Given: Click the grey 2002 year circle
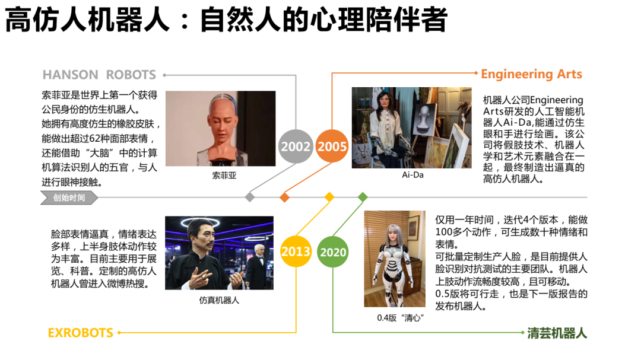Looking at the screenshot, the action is [296, 146].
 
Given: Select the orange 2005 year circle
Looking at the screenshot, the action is [332, 146].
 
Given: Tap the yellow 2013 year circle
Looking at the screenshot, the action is [296, 251].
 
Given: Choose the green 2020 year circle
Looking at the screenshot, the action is [333, 252].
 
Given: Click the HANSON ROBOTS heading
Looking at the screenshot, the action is [99, 75].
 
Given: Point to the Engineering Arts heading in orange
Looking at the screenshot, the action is [531, 74].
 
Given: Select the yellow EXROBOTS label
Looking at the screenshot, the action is [80, 333].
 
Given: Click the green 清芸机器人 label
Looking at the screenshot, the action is [557, 333].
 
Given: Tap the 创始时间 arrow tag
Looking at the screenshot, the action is [68, 197].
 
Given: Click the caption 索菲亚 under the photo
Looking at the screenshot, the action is [224, 176].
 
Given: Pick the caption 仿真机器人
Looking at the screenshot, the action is [219, 300].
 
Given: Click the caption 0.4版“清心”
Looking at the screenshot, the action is [400, 317].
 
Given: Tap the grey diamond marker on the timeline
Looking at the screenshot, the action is [250, 197].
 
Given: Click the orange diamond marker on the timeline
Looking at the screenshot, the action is [284, 197].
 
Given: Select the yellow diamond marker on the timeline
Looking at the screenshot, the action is [329, 197].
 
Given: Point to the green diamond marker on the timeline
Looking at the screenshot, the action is [363, 197].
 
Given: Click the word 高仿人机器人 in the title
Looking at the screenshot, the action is [86, 20].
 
